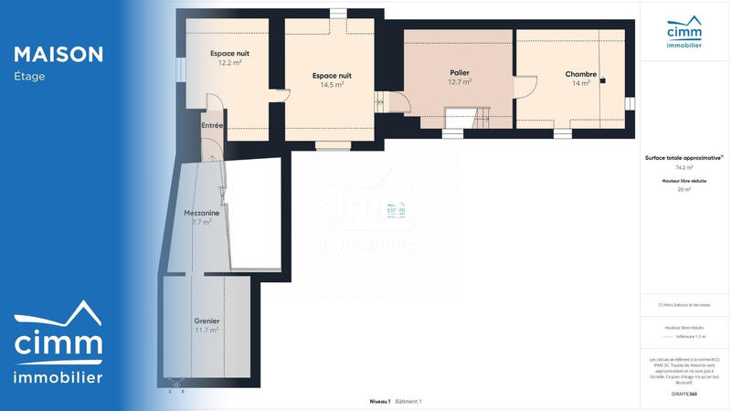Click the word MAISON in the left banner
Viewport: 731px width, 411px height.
(58, 55)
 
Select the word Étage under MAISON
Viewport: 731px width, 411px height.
(29, 77)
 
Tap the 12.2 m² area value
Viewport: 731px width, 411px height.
(229, 64)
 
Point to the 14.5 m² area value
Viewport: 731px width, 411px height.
(332, 85)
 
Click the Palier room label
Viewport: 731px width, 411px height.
(460, 72)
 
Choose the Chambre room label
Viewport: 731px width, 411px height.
(581, 74)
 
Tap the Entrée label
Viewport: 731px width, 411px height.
(212, 125)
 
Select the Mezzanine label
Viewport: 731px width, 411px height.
(201, 213)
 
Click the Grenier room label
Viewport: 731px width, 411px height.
(207, 321)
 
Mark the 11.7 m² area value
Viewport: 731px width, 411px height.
(207, 330)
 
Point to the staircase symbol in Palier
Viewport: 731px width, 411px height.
(460, 119)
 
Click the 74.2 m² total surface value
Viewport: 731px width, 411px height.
(684, 168)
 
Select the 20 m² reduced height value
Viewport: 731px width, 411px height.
(684, 190)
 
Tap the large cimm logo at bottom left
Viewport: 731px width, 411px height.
(58, 343)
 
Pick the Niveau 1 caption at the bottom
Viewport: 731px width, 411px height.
(379, 402)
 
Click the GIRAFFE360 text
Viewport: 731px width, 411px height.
(684, 394)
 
